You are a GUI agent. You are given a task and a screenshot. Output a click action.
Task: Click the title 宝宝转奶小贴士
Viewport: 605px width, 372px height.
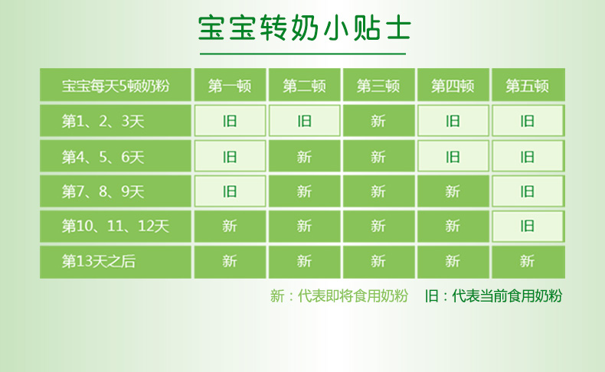click(x=305, y=28)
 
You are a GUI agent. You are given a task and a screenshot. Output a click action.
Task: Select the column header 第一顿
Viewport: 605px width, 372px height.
click(x=230, y=85)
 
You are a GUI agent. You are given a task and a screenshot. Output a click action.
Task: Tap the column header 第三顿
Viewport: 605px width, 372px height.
click(x=379, y=85)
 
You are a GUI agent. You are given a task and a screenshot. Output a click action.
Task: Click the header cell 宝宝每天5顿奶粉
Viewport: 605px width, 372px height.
click(x=116, y=85)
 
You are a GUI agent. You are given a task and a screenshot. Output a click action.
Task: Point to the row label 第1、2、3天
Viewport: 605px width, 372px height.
click(x=103, y=121)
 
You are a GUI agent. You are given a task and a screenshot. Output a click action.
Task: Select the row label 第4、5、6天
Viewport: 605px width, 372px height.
click(x=103, y=156)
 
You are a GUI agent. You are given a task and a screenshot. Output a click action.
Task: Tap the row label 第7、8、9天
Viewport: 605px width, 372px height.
click(x=103, y=191)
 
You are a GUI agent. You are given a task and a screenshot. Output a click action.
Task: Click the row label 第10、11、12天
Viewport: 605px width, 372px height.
click(x=116, y=226)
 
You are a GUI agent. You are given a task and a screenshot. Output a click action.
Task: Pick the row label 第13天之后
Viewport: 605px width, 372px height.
click(x=98, y=261)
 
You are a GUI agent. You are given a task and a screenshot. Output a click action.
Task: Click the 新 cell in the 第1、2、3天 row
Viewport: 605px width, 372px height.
click(x=379, y=121)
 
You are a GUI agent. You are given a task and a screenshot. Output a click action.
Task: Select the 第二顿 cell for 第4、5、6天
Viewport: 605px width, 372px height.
click(x=305, y=156)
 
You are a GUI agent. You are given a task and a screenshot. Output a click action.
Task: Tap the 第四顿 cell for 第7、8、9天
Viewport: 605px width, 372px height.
click(x=453, y=191)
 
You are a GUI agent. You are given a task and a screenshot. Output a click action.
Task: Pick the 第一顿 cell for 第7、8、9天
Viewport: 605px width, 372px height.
click(x=230, y=191)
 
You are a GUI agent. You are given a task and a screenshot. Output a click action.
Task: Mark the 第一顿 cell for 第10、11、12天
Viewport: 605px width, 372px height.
click(x=230, y=227)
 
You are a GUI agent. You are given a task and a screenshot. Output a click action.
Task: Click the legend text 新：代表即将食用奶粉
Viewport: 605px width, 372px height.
click(x=338, y=296)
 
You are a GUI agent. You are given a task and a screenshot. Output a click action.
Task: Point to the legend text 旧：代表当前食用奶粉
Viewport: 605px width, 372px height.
click(x=493, y=296)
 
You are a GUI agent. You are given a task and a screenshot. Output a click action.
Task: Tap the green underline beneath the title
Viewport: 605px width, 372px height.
click(x=303, y=54)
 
